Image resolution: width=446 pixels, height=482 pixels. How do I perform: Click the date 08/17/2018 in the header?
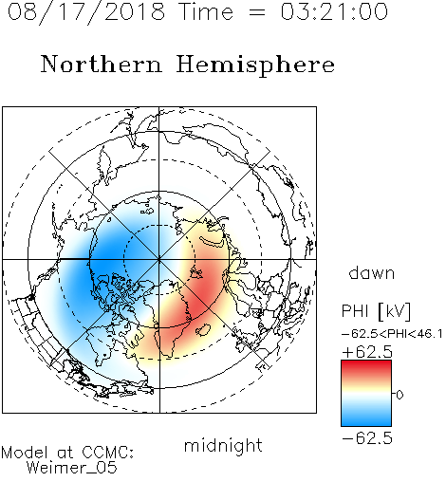86,12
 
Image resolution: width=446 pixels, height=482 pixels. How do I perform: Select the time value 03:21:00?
334,12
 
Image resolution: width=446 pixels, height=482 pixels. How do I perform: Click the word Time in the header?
206,12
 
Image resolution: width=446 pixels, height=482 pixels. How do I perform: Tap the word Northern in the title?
102,65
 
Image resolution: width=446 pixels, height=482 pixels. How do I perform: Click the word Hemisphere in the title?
255,65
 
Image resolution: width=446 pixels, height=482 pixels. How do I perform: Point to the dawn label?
372,273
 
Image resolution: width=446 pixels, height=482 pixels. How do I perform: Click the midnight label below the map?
223,446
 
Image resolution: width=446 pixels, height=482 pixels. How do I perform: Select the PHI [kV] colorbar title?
376,311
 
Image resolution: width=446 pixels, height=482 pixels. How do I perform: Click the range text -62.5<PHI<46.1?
392,334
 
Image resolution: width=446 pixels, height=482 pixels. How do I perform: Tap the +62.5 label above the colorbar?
367,352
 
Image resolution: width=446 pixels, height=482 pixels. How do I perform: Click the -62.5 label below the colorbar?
367,438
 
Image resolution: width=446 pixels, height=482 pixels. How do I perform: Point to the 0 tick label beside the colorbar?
400,395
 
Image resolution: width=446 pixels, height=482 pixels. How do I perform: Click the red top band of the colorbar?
366,366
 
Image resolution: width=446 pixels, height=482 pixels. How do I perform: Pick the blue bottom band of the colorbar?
366,419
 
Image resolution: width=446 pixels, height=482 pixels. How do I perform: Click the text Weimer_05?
71,468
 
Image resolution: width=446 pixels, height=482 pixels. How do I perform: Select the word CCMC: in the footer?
108,453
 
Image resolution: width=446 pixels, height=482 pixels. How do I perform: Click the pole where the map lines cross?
159,259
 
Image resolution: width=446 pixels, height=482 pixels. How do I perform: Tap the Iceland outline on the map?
203,330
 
